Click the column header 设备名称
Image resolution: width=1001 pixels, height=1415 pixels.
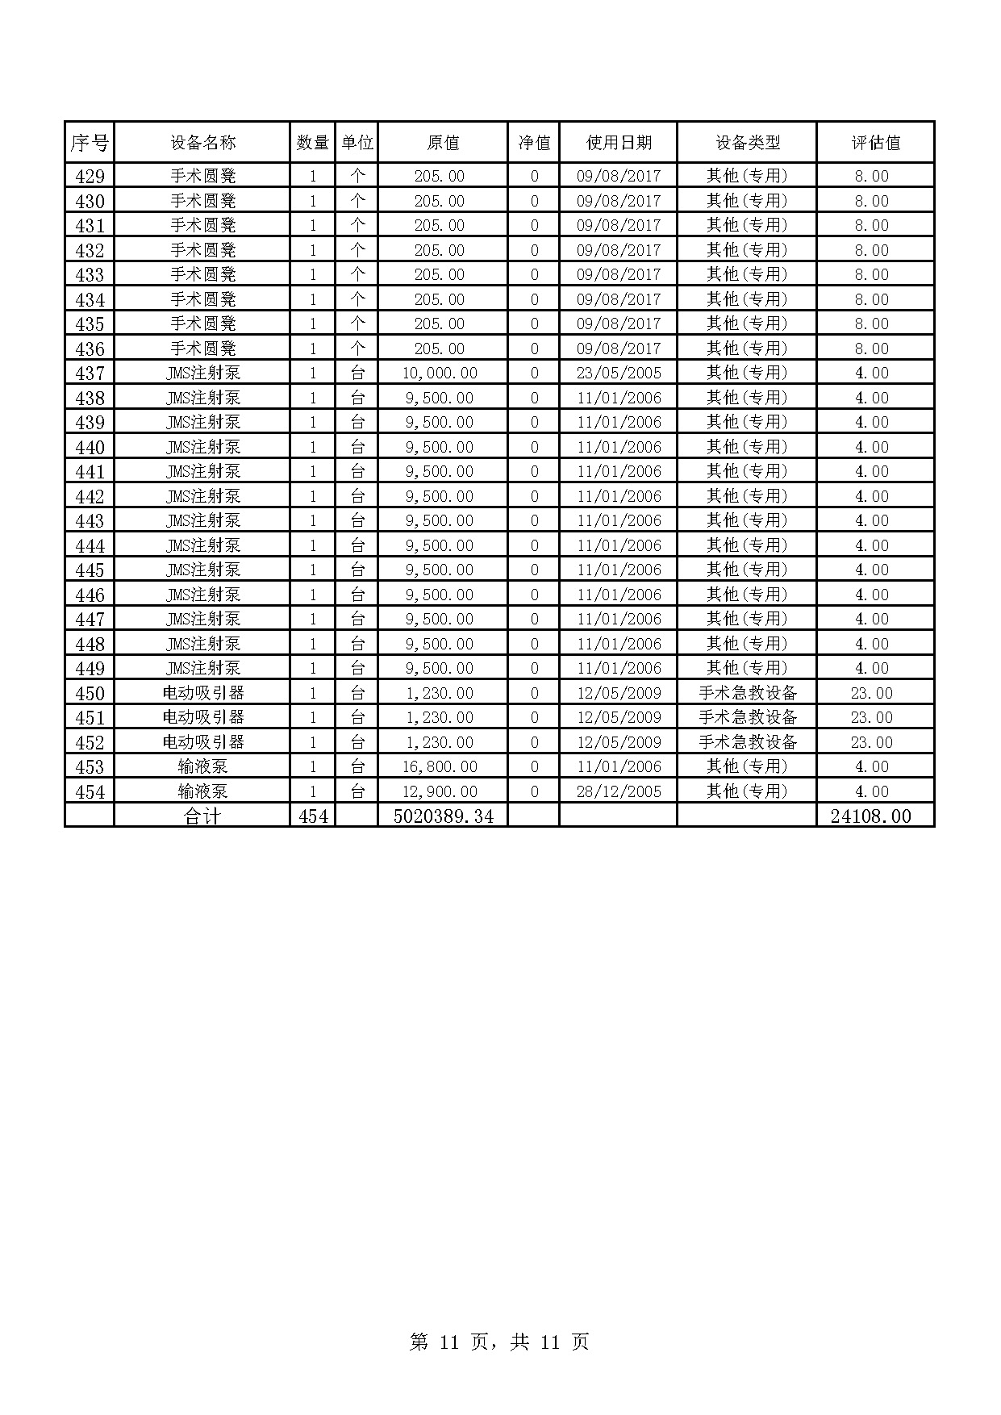coord(202,143)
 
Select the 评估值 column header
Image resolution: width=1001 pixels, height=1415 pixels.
coord(875,143)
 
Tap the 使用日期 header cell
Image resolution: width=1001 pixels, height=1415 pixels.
coord(619,143)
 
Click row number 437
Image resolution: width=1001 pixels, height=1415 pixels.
coord(90,374)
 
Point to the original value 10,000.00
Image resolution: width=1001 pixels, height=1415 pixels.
coord(440,374)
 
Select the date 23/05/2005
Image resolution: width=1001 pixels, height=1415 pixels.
coord(619,374)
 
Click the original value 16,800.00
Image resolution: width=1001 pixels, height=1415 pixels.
coord(440,766)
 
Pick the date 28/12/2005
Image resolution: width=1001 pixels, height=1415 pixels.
coord(619,791)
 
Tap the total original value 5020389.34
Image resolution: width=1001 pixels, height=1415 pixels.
coord(443,816)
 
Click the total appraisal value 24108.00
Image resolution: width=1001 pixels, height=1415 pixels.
coord(870,816)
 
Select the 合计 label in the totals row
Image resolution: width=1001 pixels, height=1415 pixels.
coord(202,816)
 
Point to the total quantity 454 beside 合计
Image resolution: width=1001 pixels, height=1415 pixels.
coord(313,816)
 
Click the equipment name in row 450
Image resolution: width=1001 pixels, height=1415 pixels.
coord(203,693)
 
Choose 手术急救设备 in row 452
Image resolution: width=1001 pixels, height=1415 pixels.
coord(747,742)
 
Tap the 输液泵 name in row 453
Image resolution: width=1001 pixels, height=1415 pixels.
coord(203,766)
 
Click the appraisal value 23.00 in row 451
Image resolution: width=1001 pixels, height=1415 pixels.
coord(871,717)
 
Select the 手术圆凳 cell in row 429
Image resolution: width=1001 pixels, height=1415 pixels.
coord(203,176)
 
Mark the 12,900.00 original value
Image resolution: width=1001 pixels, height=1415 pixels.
coord(440,791)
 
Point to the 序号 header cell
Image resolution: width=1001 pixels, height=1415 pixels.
coord(90,143)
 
